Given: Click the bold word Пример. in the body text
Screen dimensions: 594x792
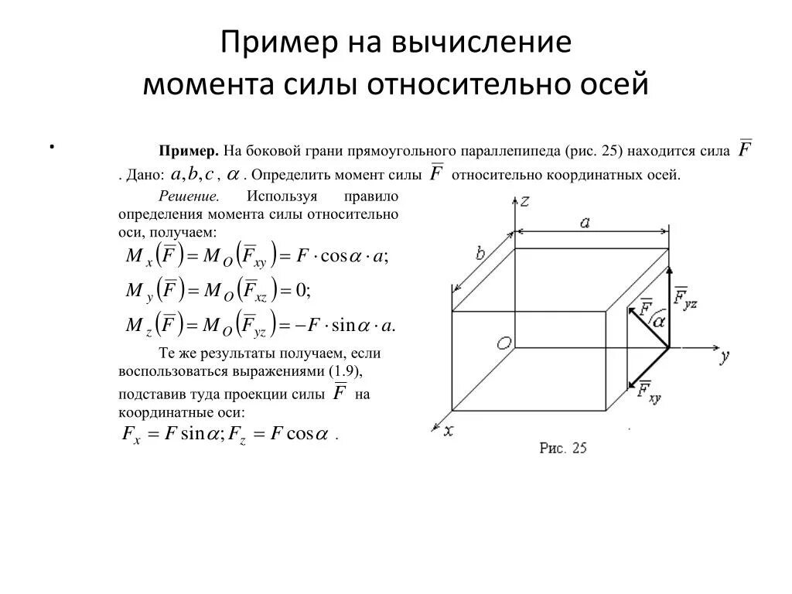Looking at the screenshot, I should pos(190,151).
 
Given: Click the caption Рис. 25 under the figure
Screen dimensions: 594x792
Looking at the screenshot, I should pos(563,448).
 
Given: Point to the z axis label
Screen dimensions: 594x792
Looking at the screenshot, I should pos(525,201).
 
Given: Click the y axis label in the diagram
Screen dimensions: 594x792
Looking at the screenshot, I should pos(724,357).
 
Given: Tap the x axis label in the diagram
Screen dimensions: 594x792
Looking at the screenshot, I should pos(447,431).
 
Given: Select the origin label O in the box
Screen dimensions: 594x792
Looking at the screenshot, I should pos(504,343).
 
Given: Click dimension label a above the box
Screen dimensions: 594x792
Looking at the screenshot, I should pos(585,223).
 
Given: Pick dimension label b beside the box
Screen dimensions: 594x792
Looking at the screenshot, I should pos(480,253).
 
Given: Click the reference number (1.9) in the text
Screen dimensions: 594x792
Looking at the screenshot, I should pos(344,371).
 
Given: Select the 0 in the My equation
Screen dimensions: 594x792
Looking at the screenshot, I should pos(302,290).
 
